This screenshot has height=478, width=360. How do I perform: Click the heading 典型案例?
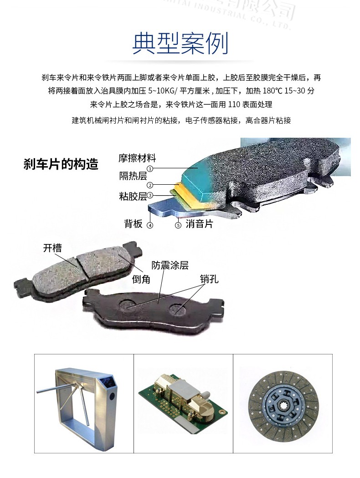click(x=180, y=44)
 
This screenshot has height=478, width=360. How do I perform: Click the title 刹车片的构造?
click(x=61, y=164)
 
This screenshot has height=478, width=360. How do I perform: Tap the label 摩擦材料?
click(x=137, y=158)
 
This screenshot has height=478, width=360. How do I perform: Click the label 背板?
click(x=133, y=223)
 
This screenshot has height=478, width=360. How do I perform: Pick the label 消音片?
click(x=199, y=224)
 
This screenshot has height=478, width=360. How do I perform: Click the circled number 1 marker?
click(x=149, y=168)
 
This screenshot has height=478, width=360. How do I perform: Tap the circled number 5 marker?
click(x=178, y=225)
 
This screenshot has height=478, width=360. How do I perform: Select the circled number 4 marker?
click(x=150, y=225)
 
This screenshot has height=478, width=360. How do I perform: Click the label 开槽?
click(x=52, y=248)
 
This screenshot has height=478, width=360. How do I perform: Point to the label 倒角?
click(x=141, y=279)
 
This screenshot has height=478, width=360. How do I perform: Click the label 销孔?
click(x=210, y=279)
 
